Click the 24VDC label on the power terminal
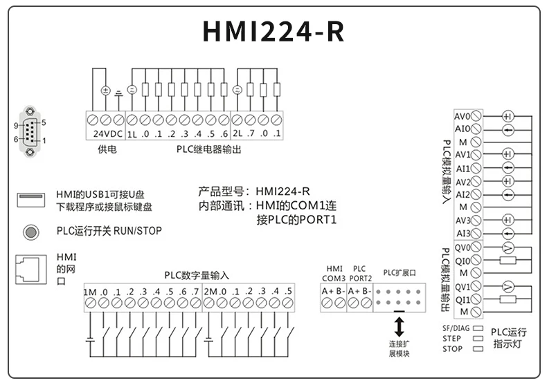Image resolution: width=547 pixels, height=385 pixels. point(105,133)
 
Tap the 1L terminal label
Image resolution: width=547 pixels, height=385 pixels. point(131,133)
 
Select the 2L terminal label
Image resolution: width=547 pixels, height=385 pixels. point(237,133)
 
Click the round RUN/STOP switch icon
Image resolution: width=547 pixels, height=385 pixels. point(30,231)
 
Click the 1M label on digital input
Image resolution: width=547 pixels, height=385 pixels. point(90,291)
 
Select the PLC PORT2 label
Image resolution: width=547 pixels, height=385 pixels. point(359,273)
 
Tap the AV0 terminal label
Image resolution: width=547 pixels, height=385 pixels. point(462,115)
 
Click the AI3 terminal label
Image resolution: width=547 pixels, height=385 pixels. point(462,233)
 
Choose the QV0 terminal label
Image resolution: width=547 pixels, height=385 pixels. point(462,247)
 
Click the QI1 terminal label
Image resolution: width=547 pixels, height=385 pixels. point(462,299)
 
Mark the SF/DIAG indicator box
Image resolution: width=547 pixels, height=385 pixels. point(477,328)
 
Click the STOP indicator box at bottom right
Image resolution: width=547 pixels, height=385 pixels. point(477,349)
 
